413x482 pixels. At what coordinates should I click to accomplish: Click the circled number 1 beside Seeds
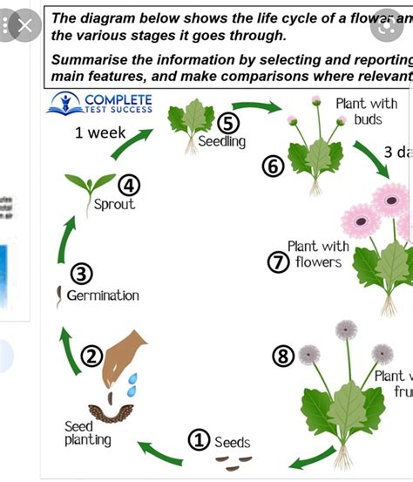pyautogui.click(x=200, y=441)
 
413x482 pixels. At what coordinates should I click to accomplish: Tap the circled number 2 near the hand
pyautogui.click(x=92, y=356)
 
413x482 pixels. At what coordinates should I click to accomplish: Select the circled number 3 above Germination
pyautogui.click(x=82, y=275)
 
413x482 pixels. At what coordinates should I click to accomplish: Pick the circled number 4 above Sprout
pyautogui.click(x=130, y=185)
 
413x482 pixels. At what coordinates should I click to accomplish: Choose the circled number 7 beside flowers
pyautogui.click(x=278, y=261)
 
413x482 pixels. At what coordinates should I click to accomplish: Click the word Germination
pyautogui.click(x=103, y=295)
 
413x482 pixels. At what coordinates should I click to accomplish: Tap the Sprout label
pyautogui.click(x=115, y=205)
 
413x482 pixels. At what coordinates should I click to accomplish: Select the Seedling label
pyautogui.click(x=222, y=141)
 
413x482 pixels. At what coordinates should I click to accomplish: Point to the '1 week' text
pyautogui.click(x=100, y=133)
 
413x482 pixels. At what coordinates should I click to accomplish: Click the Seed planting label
pyautogui.click(x=88, y=433)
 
